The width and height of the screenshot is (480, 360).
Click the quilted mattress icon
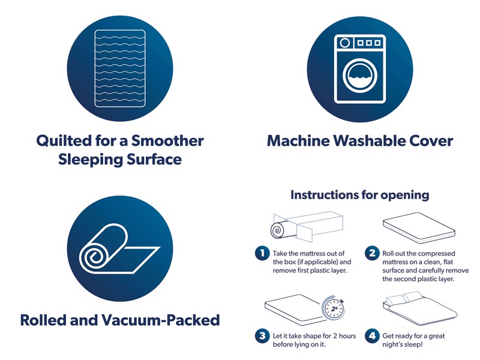(x=120, y=68)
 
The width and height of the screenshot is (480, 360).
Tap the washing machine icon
(x=360, y=68)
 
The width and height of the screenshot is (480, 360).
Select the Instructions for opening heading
(x=359, y=194)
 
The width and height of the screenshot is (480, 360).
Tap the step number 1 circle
(x=262, y=253)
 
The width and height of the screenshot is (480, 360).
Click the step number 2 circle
(x=372, y=253)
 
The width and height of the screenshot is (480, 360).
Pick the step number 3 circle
(x=262, y=335)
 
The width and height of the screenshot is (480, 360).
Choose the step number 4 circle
(x=372, y=335)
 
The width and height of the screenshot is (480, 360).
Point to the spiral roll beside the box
(x=278, y=230)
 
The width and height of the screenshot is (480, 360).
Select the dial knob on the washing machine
(x=345, y=43)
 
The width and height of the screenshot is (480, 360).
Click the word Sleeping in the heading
(x=86, y=160)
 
